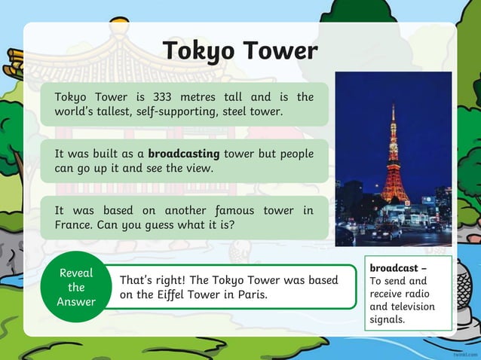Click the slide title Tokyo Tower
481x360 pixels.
click(x=240, y=50)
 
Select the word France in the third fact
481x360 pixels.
click(x=74, y=224)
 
